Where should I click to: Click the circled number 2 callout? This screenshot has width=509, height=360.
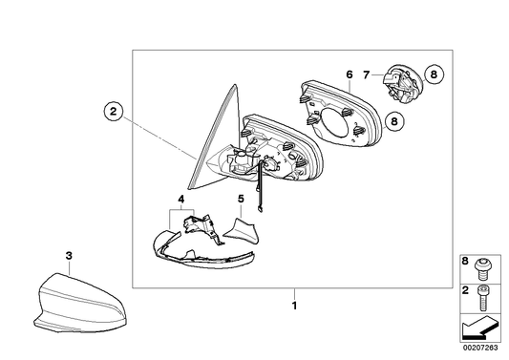coord(113,112)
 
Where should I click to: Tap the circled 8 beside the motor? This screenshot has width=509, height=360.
coord(434,74)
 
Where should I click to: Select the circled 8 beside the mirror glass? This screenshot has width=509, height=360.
coord(394,121)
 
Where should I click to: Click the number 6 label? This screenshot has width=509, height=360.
coord(349,74)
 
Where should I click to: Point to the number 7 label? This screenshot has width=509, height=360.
coord(366,75)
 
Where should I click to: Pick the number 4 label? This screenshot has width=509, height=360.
coord(181,199)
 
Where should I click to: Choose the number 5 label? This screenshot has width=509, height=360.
coord(241,199)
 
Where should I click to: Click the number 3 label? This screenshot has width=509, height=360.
coord(69,256)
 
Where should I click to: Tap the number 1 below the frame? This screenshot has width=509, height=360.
coord(294,306)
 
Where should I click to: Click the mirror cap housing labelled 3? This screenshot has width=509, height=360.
coord(79,304)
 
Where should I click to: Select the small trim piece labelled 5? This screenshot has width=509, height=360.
coord(242,231)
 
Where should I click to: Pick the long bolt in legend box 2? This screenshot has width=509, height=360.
coord(481,297)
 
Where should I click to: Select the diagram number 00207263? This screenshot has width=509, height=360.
coord(480,348)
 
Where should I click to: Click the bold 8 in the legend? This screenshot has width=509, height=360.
coord(465,262)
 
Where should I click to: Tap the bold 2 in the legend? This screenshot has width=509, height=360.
coord(465,290)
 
